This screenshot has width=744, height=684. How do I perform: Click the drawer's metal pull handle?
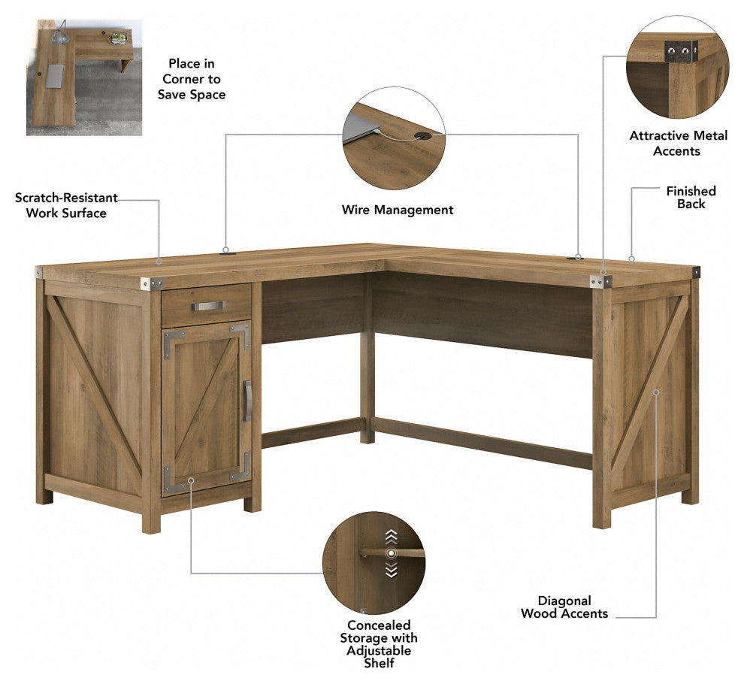209,306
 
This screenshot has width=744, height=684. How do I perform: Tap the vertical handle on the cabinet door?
247,401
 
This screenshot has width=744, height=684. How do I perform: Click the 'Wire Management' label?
398,210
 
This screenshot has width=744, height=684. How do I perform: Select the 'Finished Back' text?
691,198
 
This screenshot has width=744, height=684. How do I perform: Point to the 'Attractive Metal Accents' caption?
678,144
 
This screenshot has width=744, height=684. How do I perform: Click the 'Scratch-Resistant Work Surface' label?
66,205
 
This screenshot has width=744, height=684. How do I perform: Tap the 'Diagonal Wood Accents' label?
564,607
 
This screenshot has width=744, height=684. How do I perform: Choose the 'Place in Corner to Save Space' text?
192,79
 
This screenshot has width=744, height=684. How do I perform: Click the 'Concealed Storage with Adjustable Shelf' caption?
379,644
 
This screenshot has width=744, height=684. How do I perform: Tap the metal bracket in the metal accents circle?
681,51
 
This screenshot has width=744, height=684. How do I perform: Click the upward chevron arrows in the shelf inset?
391,537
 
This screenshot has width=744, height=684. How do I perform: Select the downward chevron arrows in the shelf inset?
391,570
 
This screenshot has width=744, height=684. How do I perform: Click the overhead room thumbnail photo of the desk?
84,77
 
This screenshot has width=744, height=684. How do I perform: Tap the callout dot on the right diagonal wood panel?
656,392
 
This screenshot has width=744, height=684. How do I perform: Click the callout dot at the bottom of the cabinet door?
191,480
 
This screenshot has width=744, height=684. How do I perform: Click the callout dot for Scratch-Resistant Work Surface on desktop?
159,261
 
